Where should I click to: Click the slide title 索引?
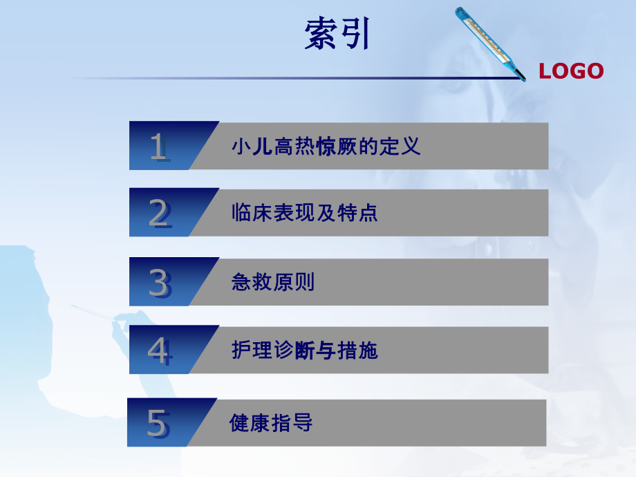point(337,33)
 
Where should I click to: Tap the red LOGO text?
point(571,71)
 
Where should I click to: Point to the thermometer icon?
point(490,43)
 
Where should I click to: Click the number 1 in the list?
point(158,147)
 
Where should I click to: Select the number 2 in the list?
point(159,214)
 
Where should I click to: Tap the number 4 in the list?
point(159,351)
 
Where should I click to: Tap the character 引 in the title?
point(355,33)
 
